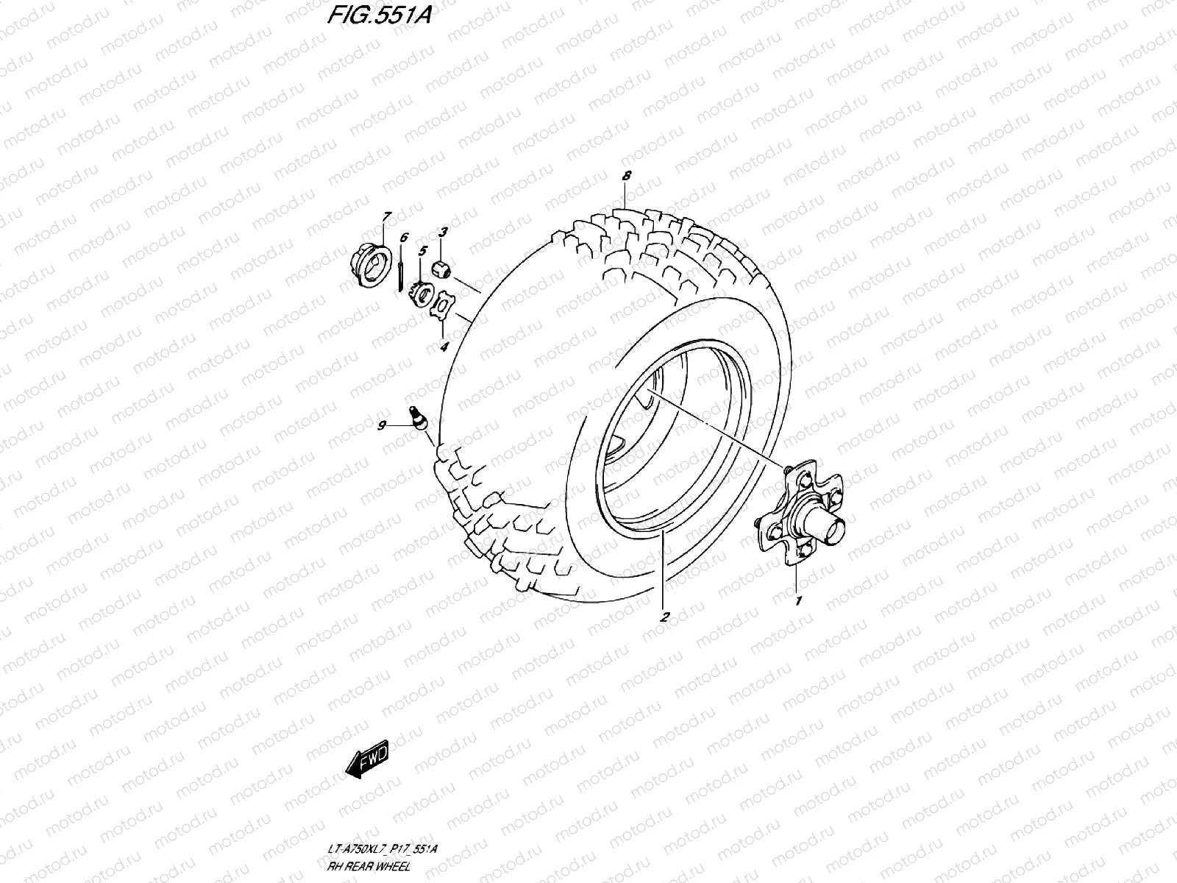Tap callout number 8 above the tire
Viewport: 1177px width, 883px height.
point(626,177)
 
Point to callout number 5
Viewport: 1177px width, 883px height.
point(422,251)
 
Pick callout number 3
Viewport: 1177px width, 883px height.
point(443,233)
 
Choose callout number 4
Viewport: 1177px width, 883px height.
point(444,347)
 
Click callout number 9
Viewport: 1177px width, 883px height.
point(382,425)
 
